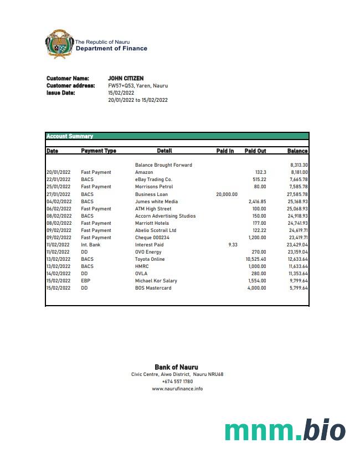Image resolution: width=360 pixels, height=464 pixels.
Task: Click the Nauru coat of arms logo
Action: coord(59,44)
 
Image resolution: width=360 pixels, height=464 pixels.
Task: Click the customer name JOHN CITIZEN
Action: coord(126,79)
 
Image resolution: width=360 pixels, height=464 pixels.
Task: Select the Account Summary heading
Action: coord(70,136)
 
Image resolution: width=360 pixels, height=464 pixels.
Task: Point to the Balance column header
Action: coord(297,151)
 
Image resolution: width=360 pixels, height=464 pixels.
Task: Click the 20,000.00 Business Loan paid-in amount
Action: coord(227,194)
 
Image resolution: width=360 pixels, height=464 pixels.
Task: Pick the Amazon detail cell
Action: coord(144,172)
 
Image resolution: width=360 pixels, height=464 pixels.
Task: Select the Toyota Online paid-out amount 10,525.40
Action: coord(256,259)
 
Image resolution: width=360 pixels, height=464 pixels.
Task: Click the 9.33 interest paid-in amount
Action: coord(233,245)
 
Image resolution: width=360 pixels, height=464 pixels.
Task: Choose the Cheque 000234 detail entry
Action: coord(152,238)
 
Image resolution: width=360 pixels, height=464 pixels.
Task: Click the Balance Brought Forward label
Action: coord(163,165)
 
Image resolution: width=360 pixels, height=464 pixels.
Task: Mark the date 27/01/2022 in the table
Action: coord(59,194)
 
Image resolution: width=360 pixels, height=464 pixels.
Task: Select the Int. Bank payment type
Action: coord(91,245)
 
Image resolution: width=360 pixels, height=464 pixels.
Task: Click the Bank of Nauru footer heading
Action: coord(176,367)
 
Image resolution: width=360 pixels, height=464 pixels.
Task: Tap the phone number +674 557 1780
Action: coord(177,381)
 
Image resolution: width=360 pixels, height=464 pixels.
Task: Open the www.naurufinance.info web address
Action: coord(177,389)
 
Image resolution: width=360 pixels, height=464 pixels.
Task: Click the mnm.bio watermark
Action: coord(285,431)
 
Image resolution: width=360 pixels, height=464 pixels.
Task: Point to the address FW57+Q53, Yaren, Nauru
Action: coord(138,86)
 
